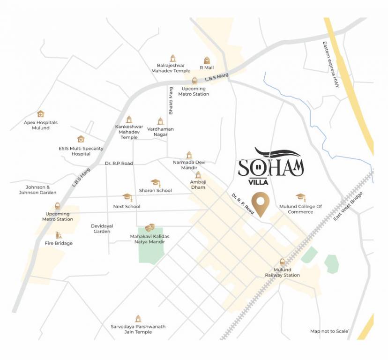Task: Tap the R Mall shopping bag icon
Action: (207, 60)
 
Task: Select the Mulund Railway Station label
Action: (282, 272)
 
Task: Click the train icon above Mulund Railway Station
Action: (282, 262)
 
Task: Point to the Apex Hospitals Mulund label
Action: (41, 125)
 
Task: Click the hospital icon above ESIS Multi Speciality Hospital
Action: (81, 139)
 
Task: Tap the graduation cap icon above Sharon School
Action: (155, 182)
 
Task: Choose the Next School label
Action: (127, 206)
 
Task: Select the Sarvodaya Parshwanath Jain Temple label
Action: (138, 329)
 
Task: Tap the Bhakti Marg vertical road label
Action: (171, 100)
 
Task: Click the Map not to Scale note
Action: (329, 331)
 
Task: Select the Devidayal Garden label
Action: (102, 228)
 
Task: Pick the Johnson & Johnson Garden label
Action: (37, 190)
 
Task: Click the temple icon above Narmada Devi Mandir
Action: (189, 155)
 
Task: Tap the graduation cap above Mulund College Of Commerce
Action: (300, 197)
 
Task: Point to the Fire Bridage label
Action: (59, 243)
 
